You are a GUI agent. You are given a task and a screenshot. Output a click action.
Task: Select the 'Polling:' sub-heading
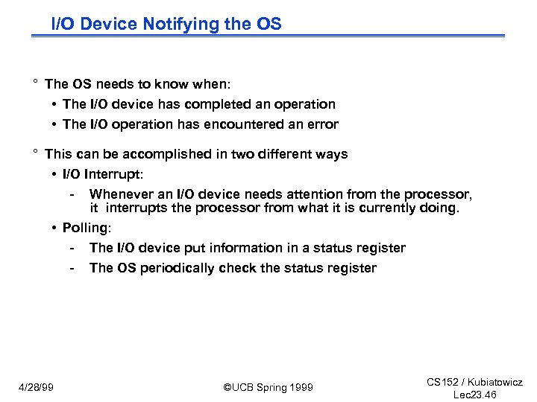click(87, 228)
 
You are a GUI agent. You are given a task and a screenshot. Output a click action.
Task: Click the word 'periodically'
click(178, 268)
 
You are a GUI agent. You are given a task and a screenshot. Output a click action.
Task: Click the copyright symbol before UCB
click(227, 387)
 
